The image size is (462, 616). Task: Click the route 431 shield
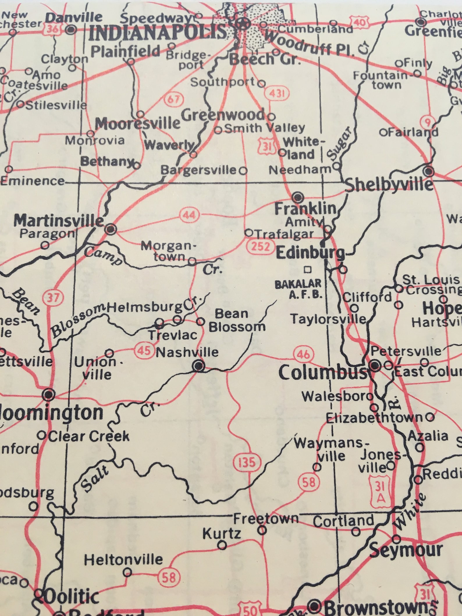pyautogui.click(x=275, y=93)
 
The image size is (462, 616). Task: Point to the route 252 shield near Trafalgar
pyautogui.click(x=260, y=246)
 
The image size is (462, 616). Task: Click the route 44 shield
pyautogui.click(x=189, y=215)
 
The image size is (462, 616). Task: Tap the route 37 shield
pyautogui.click(x=53, y=298)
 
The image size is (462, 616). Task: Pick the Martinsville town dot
pyautogui.click(x=110, y=229)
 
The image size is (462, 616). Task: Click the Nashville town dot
pyautogui.click(x=199, y=366)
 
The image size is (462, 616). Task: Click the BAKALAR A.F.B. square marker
pyautogui.click(x=307, y=270)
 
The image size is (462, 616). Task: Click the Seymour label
pyautogui.click(x=406, y=551)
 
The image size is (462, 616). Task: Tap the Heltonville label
pyautogui.click(x=123, y=559)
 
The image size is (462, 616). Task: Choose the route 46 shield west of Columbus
pyautogui.click(x=303, y=354)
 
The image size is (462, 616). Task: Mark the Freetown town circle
pyautogui.click(x=262, y=530)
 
